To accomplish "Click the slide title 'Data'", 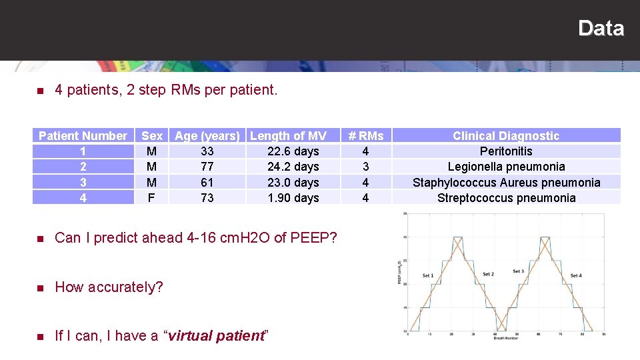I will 601,28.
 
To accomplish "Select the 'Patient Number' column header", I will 83,136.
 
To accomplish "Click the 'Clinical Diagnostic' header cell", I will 506,136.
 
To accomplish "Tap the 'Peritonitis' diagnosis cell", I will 506,151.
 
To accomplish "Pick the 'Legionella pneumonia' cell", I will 506,167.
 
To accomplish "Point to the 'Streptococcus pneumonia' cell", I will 506,198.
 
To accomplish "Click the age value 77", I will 207,167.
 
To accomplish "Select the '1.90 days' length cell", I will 293,198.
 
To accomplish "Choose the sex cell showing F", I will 151,198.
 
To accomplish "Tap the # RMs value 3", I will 365,167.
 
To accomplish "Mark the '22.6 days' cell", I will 293,151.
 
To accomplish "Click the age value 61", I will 207,182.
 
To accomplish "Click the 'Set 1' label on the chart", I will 428,275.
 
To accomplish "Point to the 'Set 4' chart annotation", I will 576,275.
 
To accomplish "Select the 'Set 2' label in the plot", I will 488,274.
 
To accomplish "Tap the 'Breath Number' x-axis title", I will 505,339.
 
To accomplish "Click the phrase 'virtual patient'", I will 217,336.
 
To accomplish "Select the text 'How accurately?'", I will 109,287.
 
